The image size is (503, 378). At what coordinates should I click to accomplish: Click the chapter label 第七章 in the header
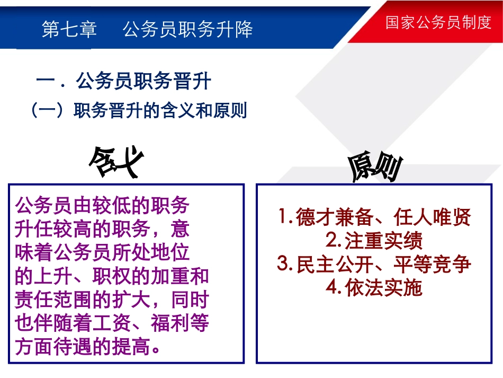click(69, 30)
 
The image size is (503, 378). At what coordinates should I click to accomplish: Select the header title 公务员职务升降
click(188, 30)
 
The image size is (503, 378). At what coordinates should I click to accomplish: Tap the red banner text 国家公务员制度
click(438, 23)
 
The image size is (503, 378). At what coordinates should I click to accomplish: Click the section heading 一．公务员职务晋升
click(123, 82)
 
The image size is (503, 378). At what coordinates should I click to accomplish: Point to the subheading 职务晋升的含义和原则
click(160, 111)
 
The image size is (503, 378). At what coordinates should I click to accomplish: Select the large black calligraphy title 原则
click(375, 169)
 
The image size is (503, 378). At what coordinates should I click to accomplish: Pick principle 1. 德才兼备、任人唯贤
click(374, 217)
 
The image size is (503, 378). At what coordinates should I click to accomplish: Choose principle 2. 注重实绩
click(374, 241)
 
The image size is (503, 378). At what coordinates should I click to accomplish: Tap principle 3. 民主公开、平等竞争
click(374, 264)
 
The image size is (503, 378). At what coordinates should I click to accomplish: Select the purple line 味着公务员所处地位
click(102, 252)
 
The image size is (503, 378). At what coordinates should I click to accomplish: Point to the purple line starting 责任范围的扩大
click(112, 300)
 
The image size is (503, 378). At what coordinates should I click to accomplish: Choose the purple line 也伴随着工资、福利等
click(112, 323)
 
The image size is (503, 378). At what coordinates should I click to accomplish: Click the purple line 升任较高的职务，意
click(102, 229)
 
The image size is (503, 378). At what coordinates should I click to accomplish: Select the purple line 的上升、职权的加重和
click(112, 276)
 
